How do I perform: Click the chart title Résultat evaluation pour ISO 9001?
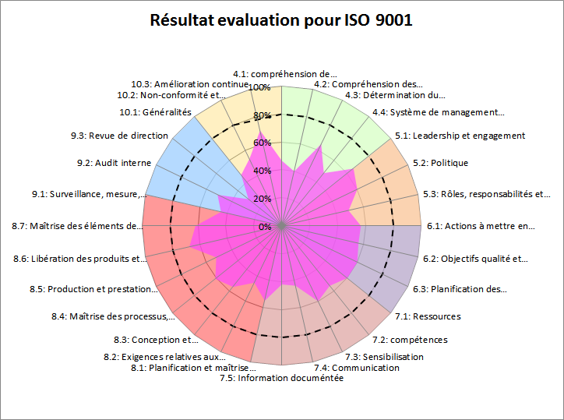[x=281, y=20]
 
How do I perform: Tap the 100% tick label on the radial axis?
[x=260, y=87]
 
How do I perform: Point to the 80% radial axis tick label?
[x=263, y=115]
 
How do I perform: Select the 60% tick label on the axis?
[x=263, y=143]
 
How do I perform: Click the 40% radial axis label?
[x=263, y=171]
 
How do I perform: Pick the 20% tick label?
[x=263, y=199]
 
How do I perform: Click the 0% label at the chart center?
[x=265, y=227]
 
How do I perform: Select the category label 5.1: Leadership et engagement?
[x=460, y=136]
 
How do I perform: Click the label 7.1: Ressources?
[x=427, y=316]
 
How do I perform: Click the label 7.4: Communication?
[x=357, y=368]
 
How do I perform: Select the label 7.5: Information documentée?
[x=281, y=379]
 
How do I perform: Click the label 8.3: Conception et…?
[x=150, y=340]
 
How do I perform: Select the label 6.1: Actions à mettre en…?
[x=481, y=227]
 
